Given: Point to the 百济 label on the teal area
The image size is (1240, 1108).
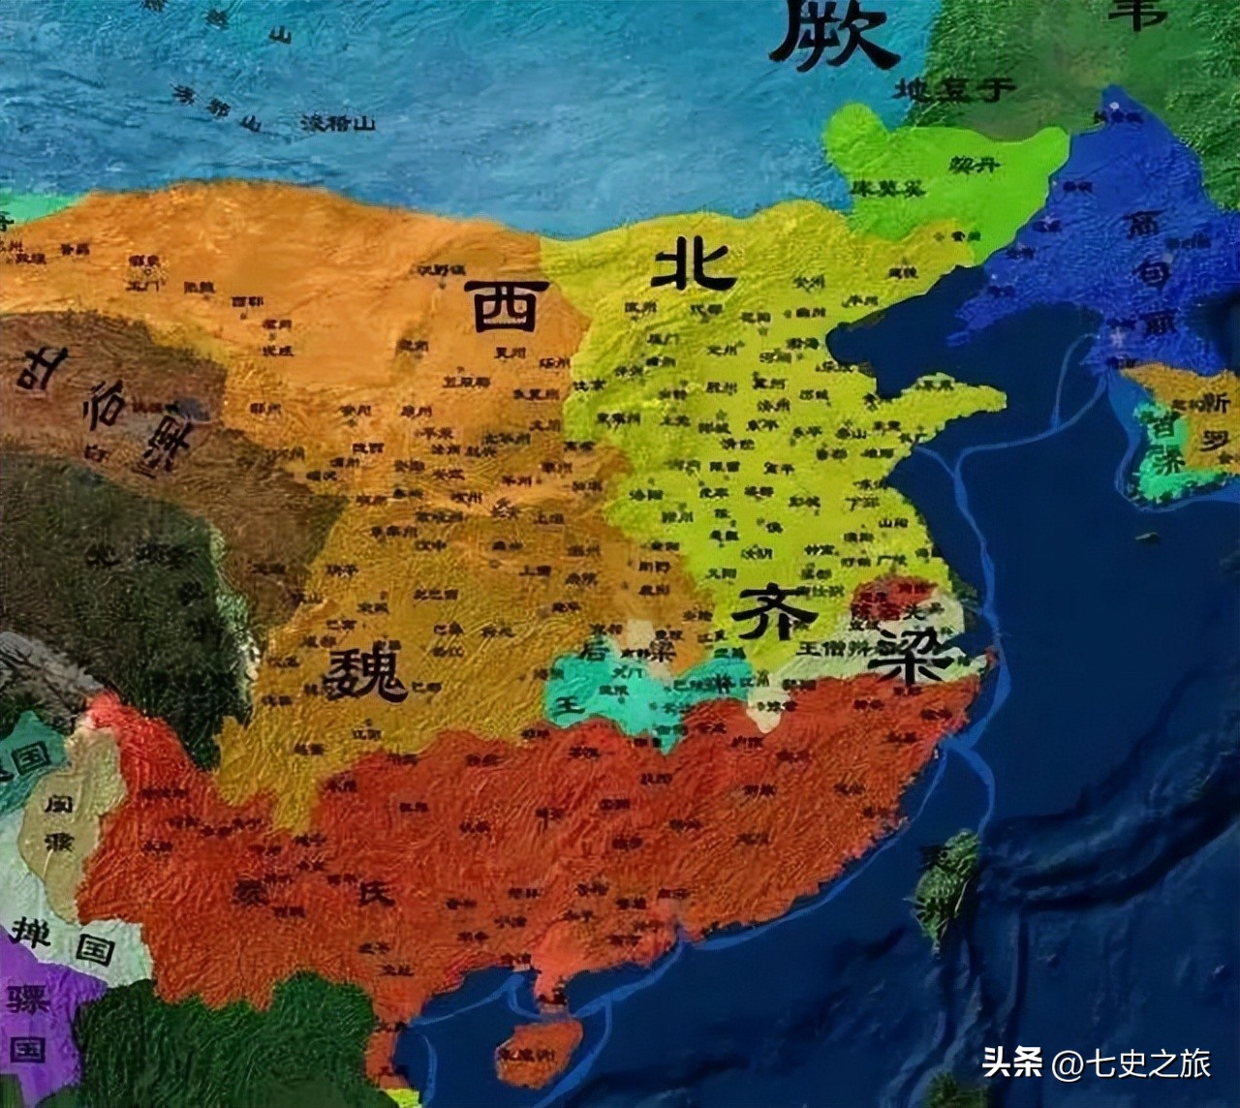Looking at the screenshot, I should tap(1163, 442).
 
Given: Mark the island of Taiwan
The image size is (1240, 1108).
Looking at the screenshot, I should tap(945, 886).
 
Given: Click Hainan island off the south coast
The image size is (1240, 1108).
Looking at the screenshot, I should tap(538, 1052).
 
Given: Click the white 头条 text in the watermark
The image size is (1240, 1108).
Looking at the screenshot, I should tap(1012, 1063).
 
